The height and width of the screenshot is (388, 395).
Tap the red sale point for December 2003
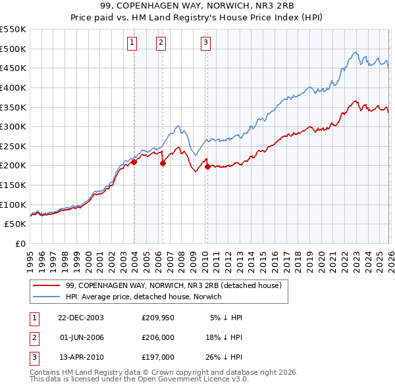click(134, 161)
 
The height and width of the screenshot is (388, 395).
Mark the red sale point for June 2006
click(163, 163)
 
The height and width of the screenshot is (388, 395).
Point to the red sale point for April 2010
click(207, 166)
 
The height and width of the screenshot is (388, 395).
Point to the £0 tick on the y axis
click(20, 243)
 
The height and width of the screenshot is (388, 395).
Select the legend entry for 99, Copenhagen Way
click(174, 285)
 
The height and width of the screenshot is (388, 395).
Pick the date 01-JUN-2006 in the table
click(81, 337)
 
